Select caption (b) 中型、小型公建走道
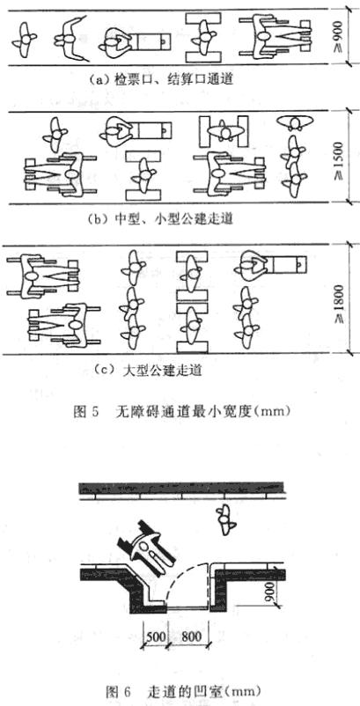click(x=161, y=219)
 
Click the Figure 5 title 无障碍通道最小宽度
click(x=178, y=411)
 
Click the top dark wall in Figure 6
click(x=181, y=488)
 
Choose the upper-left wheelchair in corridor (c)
click(x=43, y=276)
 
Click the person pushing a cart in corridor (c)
click(x=270, y=267)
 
